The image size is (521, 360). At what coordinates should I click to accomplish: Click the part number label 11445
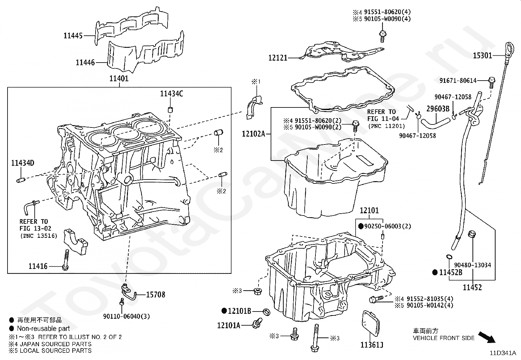73,36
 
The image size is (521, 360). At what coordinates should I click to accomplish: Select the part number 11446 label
85,62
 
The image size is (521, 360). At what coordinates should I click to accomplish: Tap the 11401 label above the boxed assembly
119,79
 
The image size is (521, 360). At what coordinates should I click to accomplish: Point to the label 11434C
171,94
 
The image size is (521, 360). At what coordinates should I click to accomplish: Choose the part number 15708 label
155,294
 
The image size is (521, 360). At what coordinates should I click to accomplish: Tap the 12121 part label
278,58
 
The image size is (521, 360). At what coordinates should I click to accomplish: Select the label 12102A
253,134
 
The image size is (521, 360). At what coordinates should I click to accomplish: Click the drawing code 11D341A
502,353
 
